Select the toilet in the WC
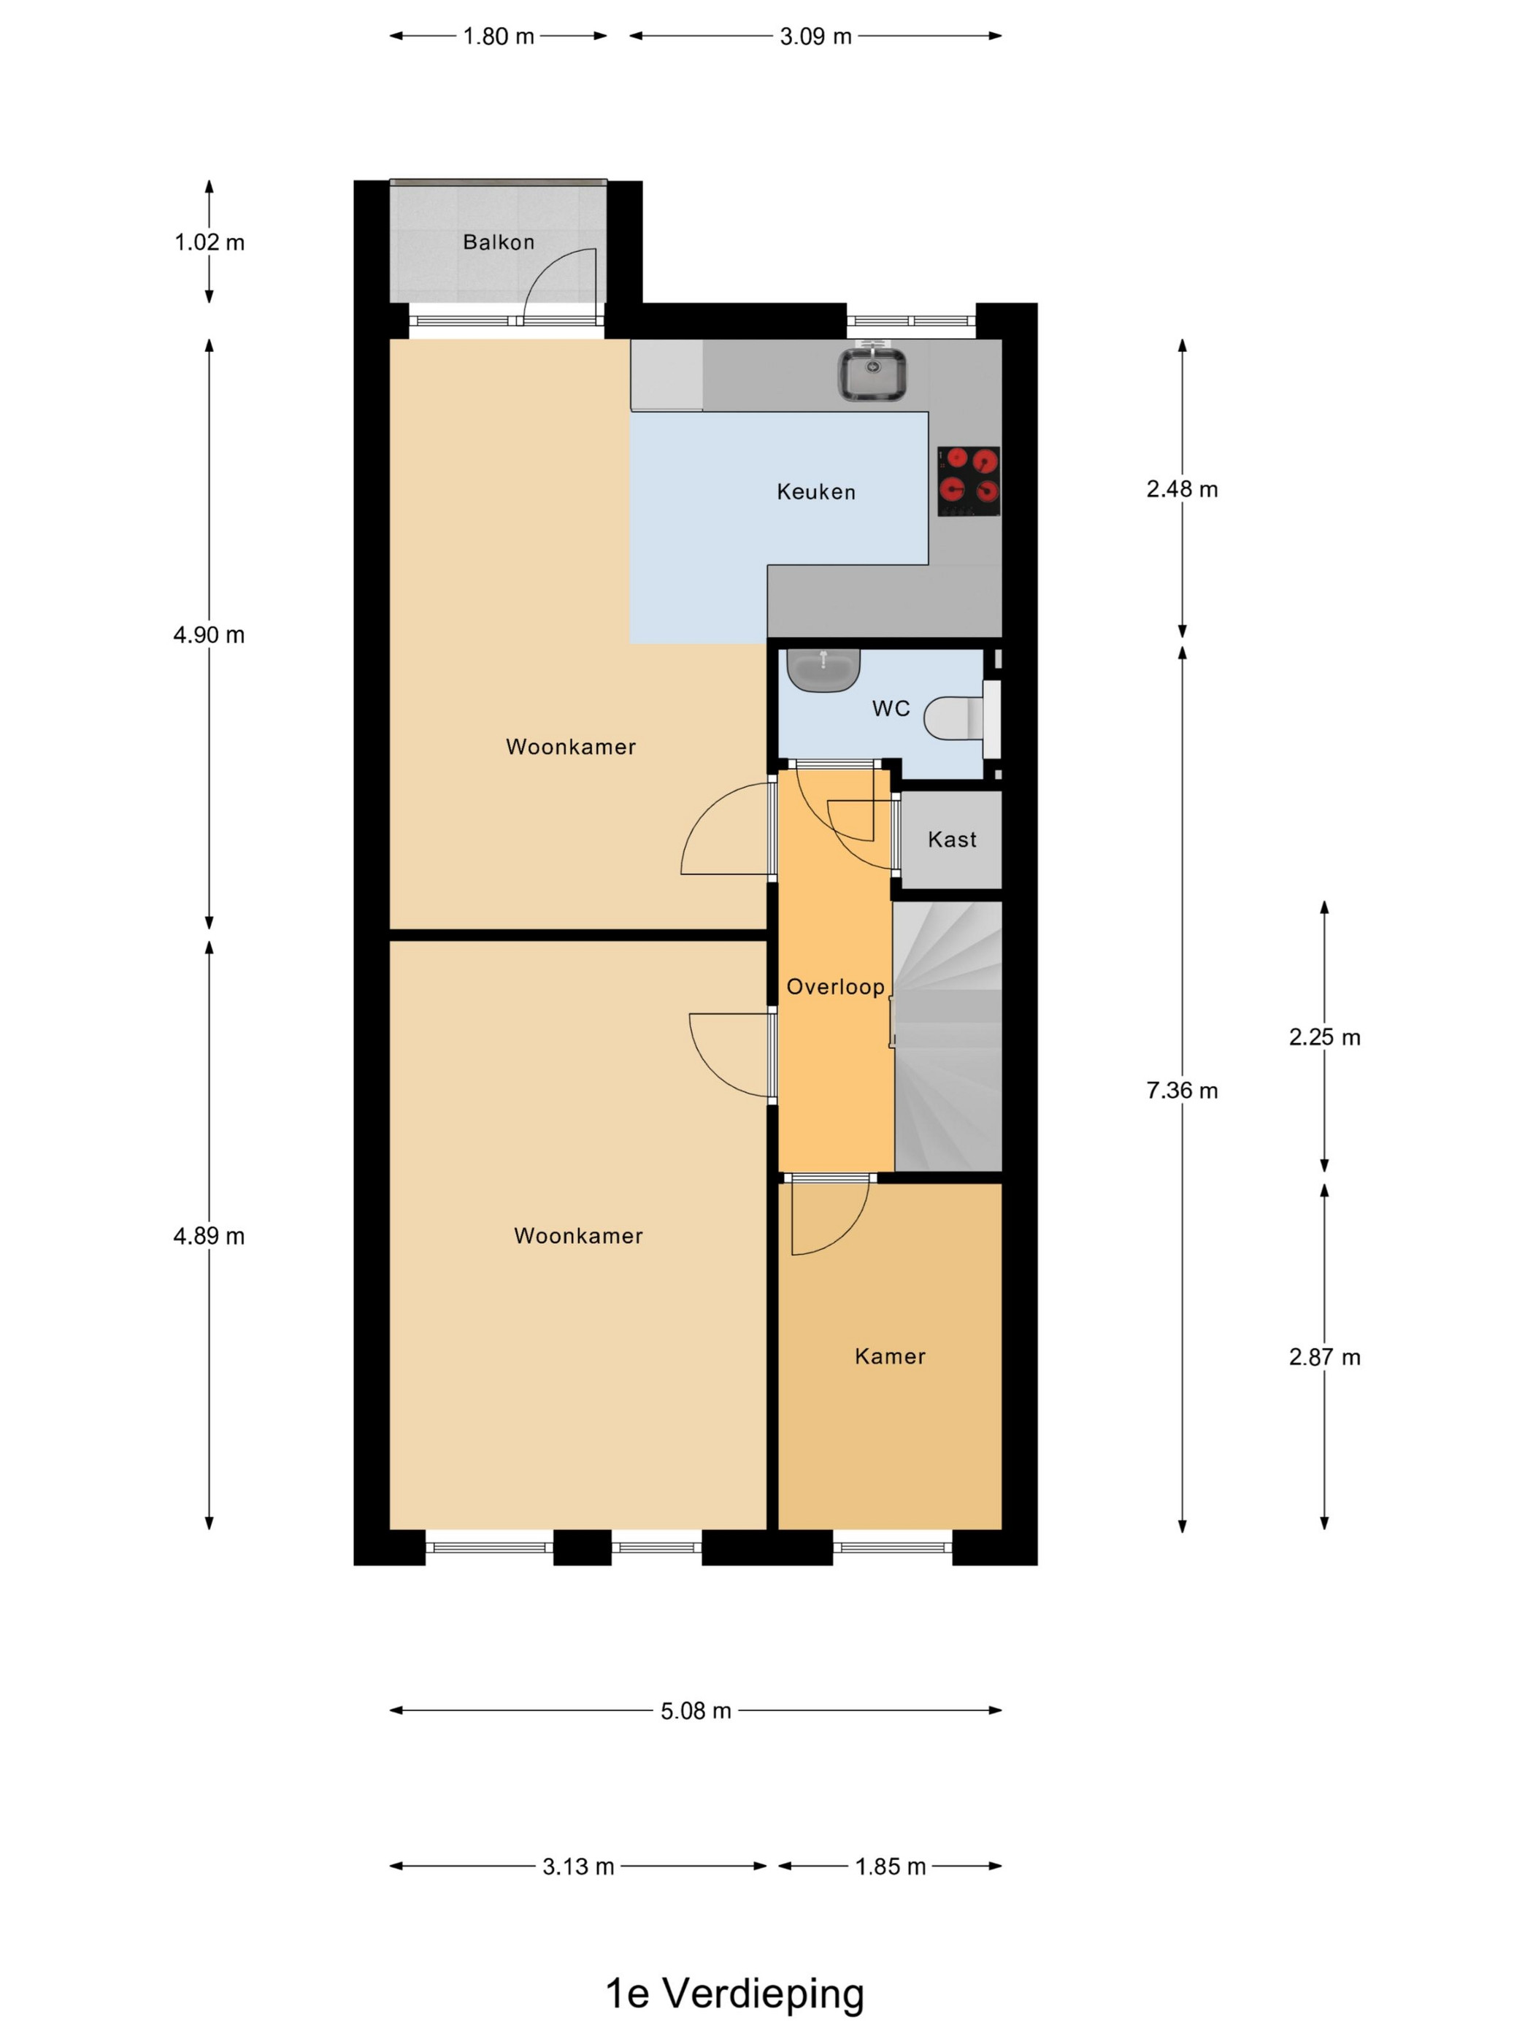(x=961, y=718)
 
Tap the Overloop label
(x=835, y=987)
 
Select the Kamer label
(x=890, y=1356)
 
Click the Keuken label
(x=816, y=491)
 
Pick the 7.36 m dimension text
(x=1182, y=1091)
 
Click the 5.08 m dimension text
(x=696, y=1711)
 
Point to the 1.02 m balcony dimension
(x=210, y=242)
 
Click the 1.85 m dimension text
(x=890, y=1867)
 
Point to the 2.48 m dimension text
(x=1182, y=489)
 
